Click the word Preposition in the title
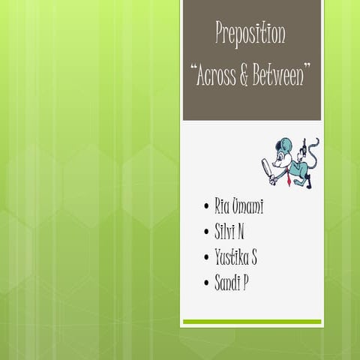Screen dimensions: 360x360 point(250,34)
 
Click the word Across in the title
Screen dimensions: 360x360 point(217,75)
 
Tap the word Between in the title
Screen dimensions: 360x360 point(280,75)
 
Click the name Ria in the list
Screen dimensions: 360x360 point(223,205)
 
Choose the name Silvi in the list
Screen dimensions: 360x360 point(225,232)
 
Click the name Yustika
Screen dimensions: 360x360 point(232,259)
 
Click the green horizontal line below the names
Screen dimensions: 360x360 point(252,322)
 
